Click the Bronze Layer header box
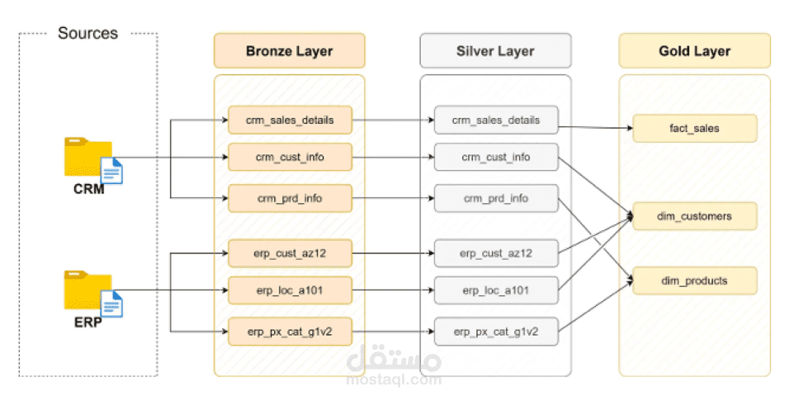[x=289, y=50]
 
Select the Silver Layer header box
[x=495, y=50]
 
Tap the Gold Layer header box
[x=694, y=50]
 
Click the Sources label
[x=87, y=34]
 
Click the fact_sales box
[x=694, y=128]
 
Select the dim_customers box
[x=694, y=216]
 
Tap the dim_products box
[x=694, y=280]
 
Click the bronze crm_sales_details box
[x=290, y=120]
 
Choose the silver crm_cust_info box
[x=495, y=157]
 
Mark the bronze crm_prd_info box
[x=290, y=198]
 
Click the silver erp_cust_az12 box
[x=495, y=252]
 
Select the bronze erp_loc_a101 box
[x=290, y=290]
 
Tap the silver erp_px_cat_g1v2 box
[x=495, y=332]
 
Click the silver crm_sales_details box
[x=495, y=120]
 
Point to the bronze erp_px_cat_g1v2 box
[x=290, y=332]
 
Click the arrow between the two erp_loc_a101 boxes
[x=393, y=290]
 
